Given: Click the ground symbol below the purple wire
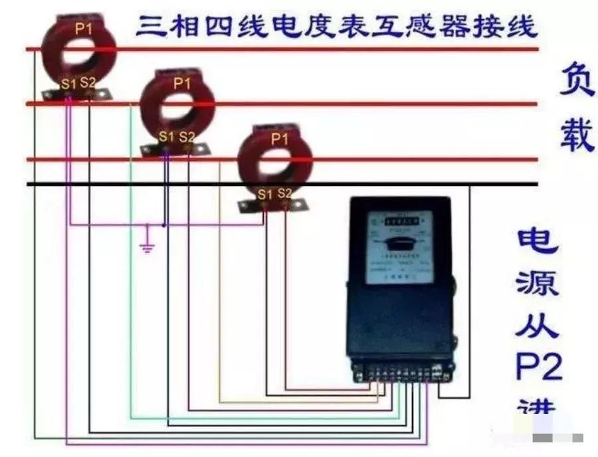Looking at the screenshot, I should [x=148, y=248].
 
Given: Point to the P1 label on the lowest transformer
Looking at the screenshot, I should [x=280, y=139].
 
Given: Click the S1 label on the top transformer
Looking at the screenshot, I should [x=68, y=84].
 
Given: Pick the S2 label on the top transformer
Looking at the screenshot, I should [x=88, y=83].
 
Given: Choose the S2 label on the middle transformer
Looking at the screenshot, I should [x=187, y=137].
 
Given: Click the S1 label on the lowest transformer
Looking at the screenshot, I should [x=265, y=194].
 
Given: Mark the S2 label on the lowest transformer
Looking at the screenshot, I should [x=284, y=193].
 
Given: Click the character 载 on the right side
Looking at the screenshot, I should [x=576, y=136].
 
